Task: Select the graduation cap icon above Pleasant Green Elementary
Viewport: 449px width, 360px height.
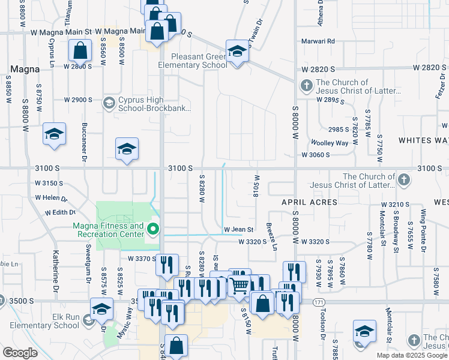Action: [237, 51]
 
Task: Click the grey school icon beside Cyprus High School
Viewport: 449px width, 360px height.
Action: [109, 103]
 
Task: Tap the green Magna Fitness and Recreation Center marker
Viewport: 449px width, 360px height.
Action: [153, 229]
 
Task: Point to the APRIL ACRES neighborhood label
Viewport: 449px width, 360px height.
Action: [310, 203]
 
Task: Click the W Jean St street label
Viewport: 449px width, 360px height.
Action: [239, 230]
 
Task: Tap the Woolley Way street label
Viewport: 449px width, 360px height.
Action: [330, 143]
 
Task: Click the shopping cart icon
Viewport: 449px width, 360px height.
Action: [240, 286]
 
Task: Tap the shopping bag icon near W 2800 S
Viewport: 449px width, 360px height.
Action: [80, 51]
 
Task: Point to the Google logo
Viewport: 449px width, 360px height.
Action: [20, 352]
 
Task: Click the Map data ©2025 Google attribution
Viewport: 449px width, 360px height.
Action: [412, 355]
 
